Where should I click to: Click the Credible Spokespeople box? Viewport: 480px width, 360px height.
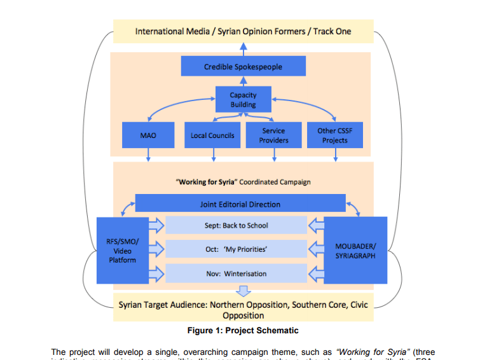243,67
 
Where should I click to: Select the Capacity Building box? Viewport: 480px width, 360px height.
243,100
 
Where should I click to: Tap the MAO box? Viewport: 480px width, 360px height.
148,135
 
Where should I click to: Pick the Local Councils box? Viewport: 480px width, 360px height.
212,135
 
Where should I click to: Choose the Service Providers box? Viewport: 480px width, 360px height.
273,135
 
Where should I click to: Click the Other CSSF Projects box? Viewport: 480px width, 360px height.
334,135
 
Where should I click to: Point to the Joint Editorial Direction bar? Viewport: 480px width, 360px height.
240,204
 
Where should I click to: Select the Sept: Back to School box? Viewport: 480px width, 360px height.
236,225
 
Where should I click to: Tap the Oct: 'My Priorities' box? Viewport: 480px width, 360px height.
236,249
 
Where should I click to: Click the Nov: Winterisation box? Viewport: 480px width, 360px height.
236,273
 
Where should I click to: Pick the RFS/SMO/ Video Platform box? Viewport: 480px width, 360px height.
121,251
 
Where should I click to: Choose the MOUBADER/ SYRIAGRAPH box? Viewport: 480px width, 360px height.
355,250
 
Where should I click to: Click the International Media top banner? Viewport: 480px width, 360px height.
243,31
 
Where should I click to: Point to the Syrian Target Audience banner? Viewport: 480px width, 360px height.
243,310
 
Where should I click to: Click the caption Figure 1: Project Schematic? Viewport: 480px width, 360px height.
243,330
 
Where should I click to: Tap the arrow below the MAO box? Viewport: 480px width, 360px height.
148,155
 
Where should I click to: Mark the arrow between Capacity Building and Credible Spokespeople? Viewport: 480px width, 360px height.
243,81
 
